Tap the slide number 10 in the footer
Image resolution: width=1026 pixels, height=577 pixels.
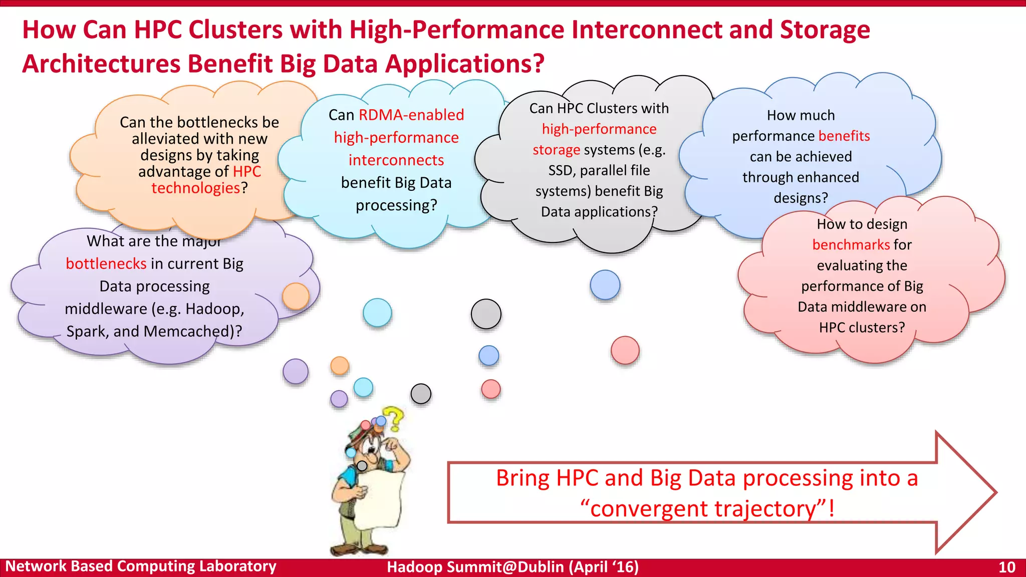(x=1006, y=567)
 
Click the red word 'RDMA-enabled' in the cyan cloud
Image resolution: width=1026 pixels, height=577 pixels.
(x=411, y=115)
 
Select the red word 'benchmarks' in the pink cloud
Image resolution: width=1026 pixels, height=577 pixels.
(x=851, y=244)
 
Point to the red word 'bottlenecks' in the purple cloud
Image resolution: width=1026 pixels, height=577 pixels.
(x=106, y=263)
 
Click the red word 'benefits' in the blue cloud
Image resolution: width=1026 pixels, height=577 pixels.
(x=844, y=136)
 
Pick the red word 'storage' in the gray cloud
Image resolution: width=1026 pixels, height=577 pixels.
(x=556, y=150)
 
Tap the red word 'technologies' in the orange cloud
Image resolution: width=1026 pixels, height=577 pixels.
(x=196, y=188)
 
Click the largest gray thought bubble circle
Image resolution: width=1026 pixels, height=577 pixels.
(x=486, y=314)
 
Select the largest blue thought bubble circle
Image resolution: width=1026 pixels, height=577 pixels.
(x=605, y=284)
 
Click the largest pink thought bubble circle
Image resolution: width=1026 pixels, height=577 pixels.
(x=625, y=350)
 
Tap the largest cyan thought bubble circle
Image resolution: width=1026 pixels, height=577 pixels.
(x=377, y=313)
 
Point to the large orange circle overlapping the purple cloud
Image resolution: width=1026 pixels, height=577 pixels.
(x=296, y=296)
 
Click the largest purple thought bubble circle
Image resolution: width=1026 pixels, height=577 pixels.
(x=296, y=371)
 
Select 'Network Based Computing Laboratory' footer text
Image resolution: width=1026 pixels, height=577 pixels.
(x=141, y=566)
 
